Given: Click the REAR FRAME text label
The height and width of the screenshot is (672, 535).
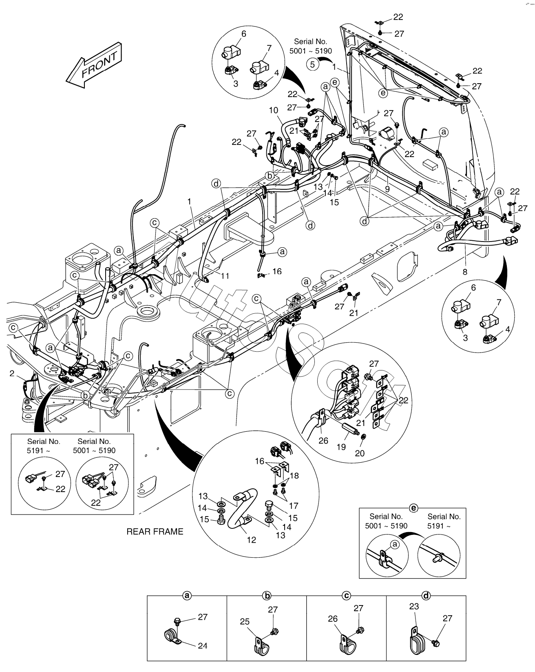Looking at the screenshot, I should coord(155,531).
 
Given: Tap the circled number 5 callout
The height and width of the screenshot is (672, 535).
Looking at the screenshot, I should coord(313,64).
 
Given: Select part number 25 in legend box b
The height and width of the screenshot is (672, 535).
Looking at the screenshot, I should coord(245,621).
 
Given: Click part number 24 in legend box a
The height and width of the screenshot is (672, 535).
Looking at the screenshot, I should coord(203,645).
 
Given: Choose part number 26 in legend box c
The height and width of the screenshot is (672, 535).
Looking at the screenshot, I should coord(333,619).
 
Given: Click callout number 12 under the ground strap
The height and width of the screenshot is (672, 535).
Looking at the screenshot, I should coord(252,540).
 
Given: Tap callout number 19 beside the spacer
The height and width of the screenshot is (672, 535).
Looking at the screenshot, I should coord(341,447).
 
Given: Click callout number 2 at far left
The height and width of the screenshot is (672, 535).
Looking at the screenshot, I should coord(12,373).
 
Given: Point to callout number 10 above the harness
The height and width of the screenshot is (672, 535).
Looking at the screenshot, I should coord(273,110).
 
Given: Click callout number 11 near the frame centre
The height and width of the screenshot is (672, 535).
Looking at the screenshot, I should coord(225,276).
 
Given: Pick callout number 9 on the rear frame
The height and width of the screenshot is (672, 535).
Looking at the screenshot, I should coord(387,189).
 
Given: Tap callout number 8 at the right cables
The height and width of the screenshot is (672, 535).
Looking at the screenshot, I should coord(465,271).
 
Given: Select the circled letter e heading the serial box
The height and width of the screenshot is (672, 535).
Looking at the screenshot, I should coord(413,508).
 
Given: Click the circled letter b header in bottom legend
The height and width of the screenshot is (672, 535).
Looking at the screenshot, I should coord(267,596).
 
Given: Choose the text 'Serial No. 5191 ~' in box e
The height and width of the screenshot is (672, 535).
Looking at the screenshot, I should coord(444,521).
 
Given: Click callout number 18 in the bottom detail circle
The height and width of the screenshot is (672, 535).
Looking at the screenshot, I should coord(294,476).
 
